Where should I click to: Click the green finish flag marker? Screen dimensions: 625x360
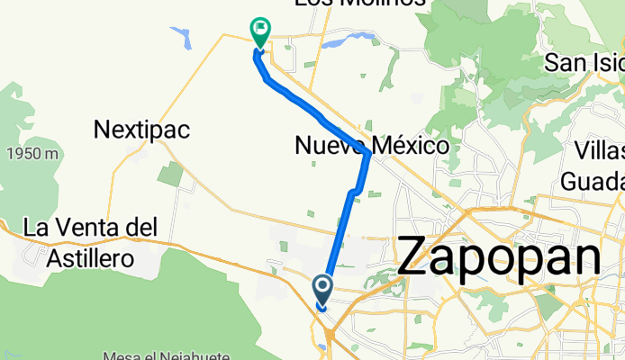260,32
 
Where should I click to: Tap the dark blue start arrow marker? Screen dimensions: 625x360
323,291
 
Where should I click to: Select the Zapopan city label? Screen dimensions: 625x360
499,256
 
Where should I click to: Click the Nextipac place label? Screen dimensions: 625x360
141,130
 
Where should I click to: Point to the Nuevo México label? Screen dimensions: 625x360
372,145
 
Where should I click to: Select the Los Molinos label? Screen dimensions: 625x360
362,4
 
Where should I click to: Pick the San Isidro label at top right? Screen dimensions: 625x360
584,62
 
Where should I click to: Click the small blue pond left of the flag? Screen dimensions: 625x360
184,38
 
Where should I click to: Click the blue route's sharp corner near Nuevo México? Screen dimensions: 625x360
369,154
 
